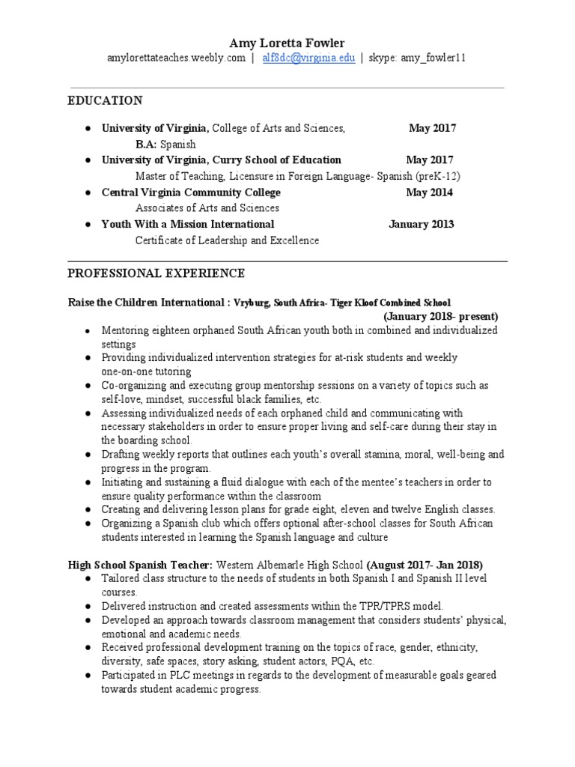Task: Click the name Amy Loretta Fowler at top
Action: [x=287, y=43]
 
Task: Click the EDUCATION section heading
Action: [x=105, y=100]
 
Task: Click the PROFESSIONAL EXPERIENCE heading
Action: [x=156, y=273]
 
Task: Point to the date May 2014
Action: [x=429, y=192]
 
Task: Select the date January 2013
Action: [x=421, y=224]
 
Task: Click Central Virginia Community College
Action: [x=191, y=192]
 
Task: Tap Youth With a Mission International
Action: [x=188, y=224]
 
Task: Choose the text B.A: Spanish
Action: [x=165, y=144]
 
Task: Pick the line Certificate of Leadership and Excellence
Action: [x=227, y=240]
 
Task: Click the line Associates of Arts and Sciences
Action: [x=207, y=208]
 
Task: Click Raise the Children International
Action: [x=145, y=302]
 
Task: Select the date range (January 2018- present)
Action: [x=440, y=316]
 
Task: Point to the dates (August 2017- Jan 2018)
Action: [x=425, y=564]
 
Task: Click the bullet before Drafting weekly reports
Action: [x=88, y=455]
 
